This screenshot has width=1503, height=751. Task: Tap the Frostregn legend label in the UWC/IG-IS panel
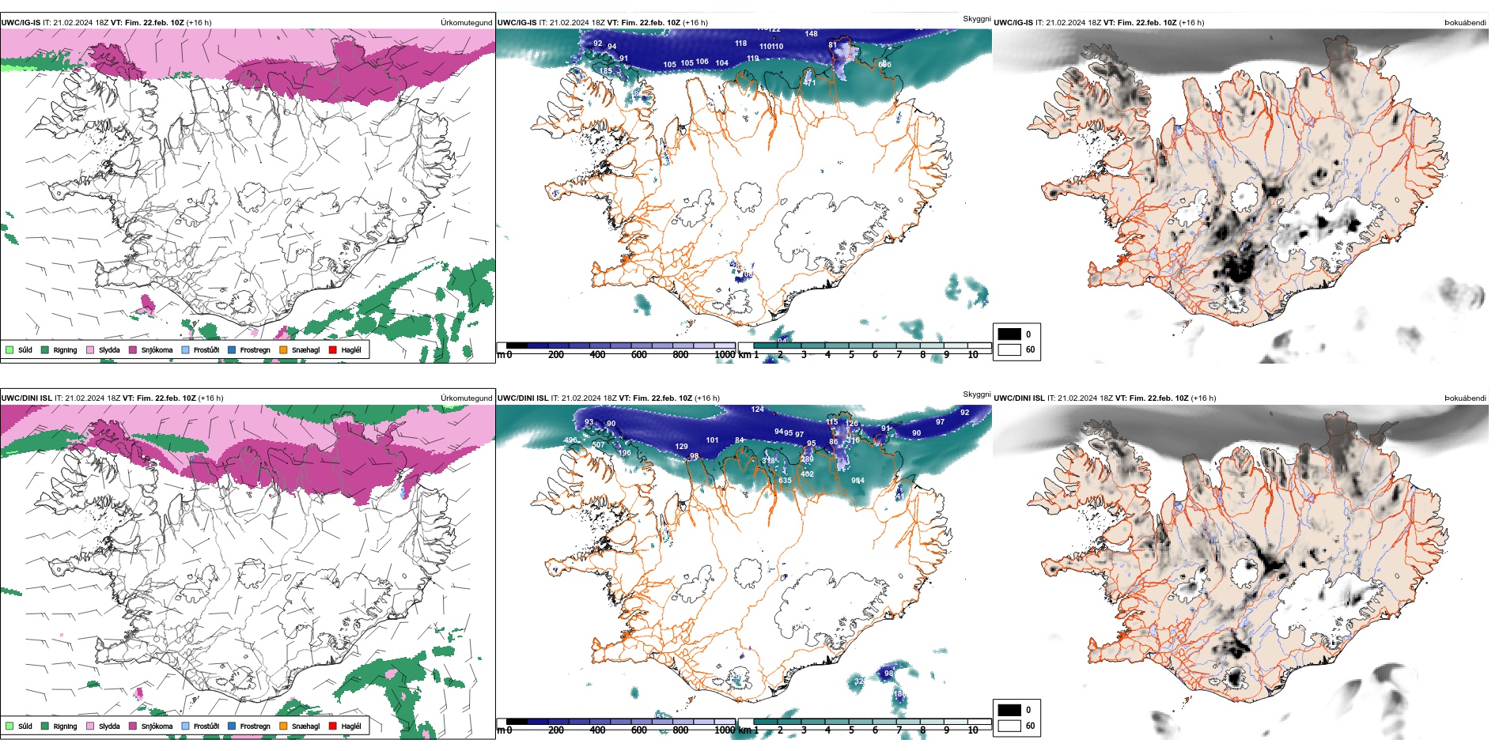tap(255, 350)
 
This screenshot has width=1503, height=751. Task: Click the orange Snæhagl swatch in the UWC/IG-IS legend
tap(283, 349)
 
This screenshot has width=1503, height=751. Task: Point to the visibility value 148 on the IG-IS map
tap(811, 33)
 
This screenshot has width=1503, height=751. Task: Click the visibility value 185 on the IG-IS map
tap(605, 71)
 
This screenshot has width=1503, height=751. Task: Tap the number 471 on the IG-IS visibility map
tap(808, 82)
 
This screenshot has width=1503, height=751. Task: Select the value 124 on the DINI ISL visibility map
tap(757, 409)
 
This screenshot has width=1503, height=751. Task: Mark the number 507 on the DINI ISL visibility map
tap(598, 445)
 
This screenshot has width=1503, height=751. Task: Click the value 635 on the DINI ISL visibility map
tap(785, 481)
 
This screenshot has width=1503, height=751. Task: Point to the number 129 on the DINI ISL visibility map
tap(681, 447)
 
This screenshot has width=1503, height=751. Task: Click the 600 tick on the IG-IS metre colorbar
tap(639, 355)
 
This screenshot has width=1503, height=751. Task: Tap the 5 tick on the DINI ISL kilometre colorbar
tap(851, 730)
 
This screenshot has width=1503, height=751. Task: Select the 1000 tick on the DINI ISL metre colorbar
tap(725, 730)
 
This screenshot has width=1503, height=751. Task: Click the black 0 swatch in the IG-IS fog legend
tap(1009, 334)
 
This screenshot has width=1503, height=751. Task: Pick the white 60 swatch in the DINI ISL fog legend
tap(1009, 725)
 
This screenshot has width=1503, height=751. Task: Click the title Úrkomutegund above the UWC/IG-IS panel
tap(466, 23)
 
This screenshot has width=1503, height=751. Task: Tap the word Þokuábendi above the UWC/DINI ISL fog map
tap(1465, 398)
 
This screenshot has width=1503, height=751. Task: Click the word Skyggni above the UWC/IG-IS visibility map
tap(976, 19)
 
